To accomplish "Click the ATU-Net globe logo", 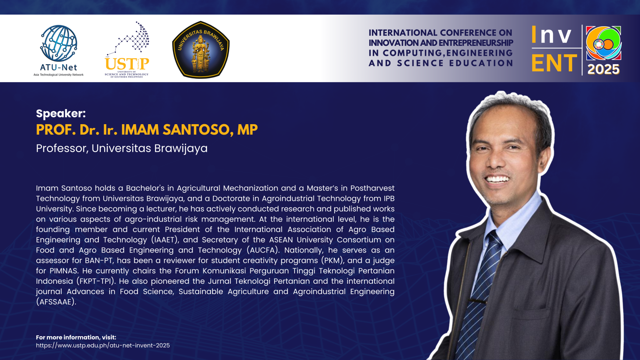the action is click(59, 43).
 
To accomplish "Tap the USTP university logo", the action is click(127, 50).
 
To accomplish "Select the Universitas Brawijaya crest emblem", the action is click(201, 50).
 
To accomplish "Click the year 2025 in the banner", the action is click(603, 70).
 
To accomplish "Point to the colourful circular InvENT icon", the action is click(603, 43).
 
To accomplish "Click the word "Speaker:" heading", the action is click(61, 114).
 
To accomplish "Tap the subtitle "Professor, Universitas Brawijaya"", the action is click(122, 148).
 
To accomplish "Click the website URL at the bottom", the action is click(103, 345).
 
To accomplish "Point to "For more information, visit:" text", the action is click(76, 337).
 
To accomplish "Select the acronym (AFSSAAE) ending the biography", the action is click(56, 302).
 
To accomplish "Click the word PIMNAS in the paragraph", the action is click(70, 271).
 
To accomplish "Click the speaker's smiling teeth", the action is click(498, 180).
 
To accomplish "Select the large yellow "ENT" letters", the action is click(554, 63).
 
